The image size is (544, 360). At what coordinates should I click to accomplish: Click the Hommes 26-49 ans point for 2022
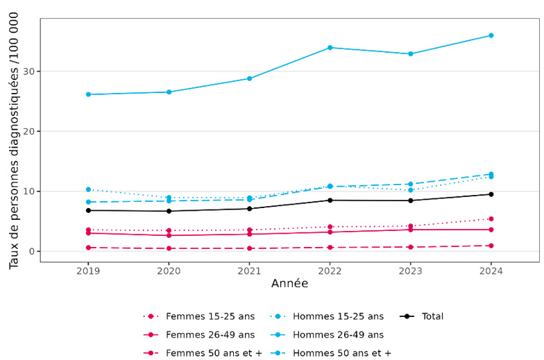pyautogui.click(x=330, y=48)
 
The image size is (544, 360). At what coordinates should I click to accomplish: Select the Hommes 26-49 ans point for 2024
pyautogui.click(x=491, y=35)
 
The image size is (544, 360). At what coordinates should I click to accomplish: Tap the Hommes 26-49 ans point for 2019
pyautogui.click(x=88, y=94)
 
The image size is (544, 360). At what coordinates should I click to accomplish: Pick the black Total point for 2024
pyautogui.click(x=491, y=194)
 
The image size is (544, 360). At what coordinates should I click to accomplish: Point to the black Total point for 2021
pyautogui.click(x=249, y=209)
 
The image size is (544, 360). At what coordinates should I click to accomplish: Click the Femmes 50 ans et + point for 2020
pyautogui.click(x=169, y=248)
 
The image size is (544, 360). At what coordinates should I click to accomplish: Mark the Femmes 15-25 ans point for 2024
pyautogui.click(x=491, y=218)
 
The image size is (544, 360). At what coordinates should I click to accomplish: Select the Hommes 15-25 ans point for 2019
pyautogui.click(x=88, y=189)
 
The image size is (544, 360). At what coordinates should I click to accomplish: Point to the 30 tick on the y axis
pyautogui.click(x=28, y=71)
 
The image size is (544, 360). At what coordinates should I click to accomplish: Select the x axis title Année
pyautogui.click(x=289, y=284)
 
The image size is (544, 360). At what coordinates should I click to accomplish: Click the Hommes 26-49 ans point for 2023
pyautogui.click(x=410, y=54)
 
